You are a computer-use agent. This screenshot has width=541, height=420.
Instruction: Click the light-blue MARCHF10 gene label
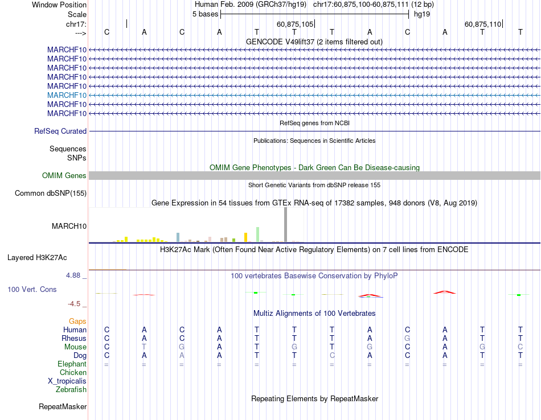pyautogui.click(x=67, y=95)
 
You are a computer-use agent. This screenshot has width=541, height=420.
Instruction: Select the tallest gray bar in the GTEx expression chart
pyautogui.click(x=286, y=225)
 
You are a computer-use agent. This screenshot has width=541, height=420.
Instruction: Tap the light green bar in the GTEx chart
pyautogui.click(x=258, y=234)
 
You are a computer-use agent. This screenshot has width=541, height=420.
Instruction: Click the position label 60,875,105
pyautogui.click(x=295, y=24)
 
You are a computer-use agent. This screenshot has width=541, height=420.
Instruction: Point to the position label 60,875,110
pyautogui.click(x=483, y=24)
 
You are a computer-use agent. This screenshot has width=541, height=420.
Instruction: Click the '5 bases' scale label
pyautogui.click(x=205, y=14)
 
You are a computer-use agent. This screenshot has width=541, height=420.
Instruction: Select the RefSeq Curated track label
pyautogui.click(x=60, y=131)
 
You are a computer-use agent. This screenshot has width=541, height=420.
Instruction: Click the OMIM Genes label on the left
pyautogui.click(x=64, y=176)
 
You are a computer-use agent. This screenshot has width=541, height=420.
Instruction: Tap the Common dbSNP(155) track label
pyautogui.click(x=51, y=193)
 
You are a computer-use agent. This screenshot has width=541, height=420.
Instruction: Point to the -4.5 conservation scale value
pyautogui.click(x=75, y=304)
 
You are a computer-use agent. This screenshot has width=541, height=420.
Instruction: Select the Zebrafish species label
pyautogui.click(x=71, y=390)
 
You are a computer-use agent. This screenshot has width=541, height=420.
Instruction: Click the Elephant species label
pyautogui.click(x=72, y=364)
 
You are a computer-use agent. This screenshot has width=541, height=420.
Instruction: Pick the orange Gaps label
pyautogui.click(x=77, y=322)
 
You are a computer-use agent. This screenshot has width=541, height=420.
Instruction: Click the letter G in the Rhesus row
pyautogui.click(x=407, y=338)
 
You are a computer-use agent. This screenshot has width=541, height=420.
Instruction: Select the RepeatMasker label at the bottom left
pyautogui.click(x=63, y=407)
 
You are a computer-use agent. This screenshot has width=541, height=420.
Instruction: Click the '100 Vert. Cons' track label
pyautogui.click(x=32, y=289)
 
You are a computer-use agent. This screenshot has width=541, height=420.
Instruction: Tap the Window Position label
pyautogui.click(x=59, y=5)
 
